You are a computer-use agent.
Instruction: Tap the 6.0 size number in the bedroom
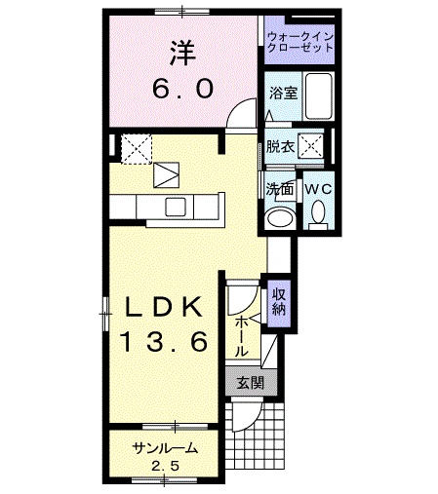click(x=181, y=89)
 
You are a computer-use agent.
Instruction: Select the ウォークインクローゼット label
click(x=300, y=43)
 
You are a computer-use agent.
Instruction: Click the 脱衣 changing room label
click(x=279, y=148)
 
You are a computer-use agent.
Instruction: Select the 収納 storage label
click(x=279, y=301)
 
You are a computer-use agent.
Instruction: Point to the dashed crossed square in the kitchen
click(x=136, y=148)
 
